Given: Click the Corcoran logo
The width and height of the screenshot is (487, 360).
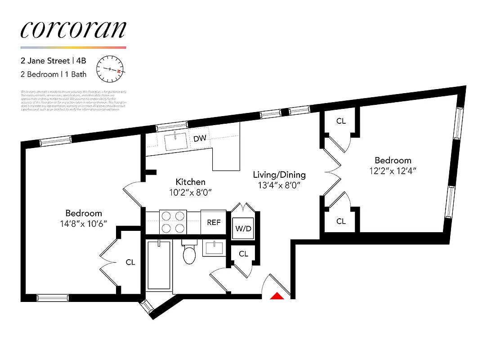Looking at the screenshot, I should [x=73, y=29].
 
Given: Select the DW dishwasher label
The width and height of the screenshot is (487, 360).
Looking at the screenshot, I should [x=200, y=138].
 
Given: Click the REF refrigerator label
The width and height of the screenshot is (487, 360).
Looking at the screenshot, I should [x=214, y=222].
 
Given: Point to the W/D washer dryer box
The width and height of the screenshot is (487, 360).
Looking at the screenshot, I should [x=243, y=228].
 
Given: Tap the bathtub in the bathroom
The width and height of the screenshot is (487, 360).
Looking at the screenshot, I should [x=159, y=265].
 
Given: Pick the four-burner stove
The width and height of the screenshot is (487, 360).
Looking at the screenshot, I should [x=173, y=222].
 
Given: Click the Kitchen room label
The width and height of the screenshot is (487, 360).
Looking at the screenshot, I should [x=190, y=182].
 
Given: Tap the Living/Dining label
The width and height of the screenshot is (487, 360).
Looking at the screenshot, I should [x=279, y=175].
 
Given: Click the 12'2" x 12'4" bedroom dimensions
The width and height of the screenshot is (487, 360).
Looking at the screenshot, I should [x=393, y=171].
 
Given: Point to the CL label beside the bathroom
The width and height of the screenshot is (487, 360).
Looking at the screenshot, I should [x=243, y=254].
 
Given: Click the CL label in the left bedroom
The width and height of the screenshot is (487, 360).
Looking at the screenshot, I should [x=130, y=262].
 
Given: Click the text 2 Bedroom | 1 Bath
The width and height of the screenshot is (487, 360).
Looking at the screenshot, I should [x=54, y=74].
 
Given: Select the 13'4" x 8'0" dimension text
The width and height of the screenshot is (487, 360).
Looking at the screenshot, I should [x=279, y=185].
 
